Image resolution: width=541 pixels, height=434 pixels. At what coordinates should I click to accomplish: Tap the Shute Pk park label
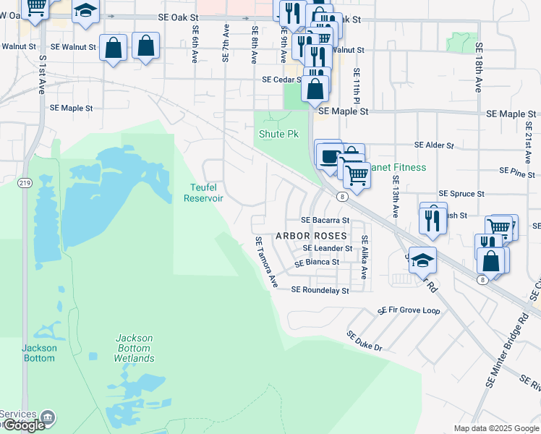point(278,135)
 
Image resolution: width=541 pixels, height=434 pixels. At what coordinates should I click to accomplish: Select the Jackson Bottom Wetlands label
point(134,348)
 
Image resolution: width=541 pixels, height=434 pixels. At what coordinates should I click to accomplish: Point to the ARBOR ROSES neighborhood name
point(311,237)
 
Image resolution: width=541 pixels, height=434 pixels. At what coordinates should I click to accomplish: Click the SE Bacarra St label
point(325,220)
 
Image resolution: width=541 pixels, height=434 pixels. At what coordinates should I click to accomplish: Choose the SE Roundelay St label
point(320,290)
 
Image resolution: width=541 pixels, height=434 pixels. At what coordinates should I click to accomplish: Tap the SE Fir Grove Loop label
point(409,310)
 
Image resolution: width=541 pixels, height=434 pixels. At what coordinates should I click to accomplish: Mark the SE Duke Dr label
point(364,341)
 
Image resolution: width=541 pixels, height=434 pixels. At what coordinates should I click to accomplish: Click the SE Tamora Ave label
point(266,262)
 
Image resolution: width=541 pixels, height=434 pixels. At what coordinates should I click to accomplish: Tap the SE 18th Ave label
point(478,67)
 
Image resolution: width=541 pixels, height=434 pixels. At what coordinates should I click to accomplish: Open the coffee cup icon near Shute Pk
point(329,157)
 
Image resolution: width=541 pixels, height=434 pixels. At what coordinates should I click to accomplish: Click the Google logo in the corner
point(24,425)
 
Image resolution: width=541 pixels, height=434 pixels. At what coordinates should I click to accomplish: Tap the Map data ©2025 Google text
point(495,428)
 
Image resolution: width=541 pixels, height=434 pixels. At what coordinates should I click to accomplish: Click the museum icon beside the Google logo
point(48,417)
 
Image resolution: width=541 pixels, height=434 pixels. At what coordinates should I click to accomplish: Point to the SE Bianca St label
point(317,262)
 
